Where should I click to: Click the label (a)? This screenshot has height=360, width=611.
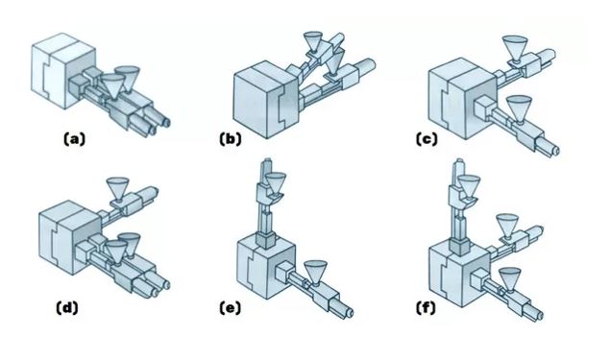[x=74, y=139]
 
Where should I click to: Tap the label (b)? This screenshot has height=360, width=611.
[x=231, y=139]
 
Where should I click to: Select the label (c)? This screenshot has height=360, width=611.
[x=427, y=139]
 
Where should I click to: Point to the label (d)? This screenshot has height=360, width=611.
[x=67, y=308]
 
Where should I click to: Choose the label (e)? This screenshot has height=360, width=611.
[x=230, y=308]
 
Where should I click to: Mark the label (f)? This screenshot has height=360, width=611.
[x=426, y=308]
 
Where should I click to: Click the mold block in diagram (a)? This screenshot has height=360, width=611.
[x=63, y=71]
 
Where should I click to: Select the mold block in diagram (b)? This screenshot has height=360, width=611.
[x=266, y=100]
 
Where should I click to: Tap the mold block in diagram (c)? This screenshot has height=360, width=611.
[x=462, y=99]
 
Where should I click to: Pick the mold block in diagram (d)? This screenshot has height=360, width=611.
[x=70, y=237]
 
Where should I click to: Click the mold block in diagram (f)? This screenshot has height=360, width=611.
[x=460, y=273]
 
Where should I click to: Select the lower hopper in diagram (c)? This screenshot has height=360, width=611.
[x=519, y=110]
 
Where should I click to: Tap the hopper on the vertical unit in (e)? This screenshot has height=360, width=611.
[x=276, y=183]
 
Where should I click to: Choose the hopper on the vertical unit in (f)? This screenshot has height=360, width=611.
[x=469, y=185]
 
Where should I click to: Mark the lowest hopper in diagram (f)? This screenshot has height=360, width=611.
[x=510, y=278]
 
